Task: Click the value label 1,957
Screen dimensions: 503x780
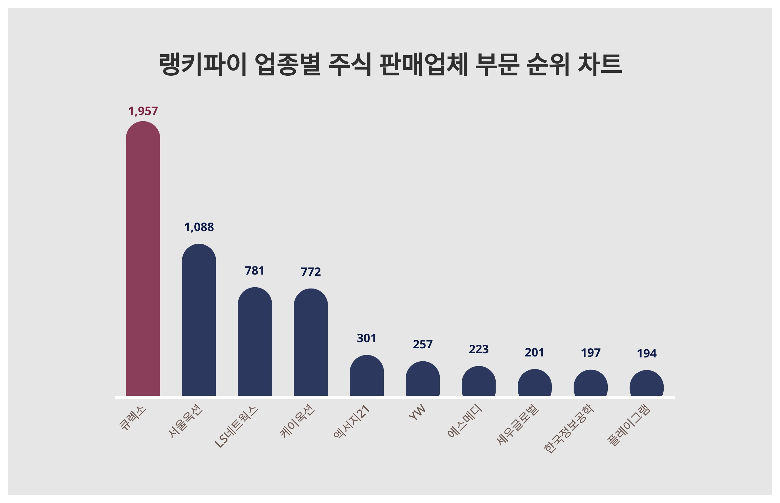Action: (x=143, y=111)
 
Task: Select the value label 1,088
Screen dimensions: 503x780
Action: (x=199, y=227)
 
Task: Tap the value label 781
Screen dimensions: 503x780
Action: (x=254, y=270)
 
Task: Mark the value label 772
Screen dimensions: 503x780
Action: (x=311, y=272)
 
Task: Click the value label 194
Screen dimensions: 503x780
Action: (x=646, y=354)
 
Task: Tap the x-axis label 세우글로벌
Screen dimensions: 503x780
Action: (x=517, y=424)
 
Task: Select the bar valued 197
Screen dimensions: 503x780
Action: (x=590, y=383)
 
